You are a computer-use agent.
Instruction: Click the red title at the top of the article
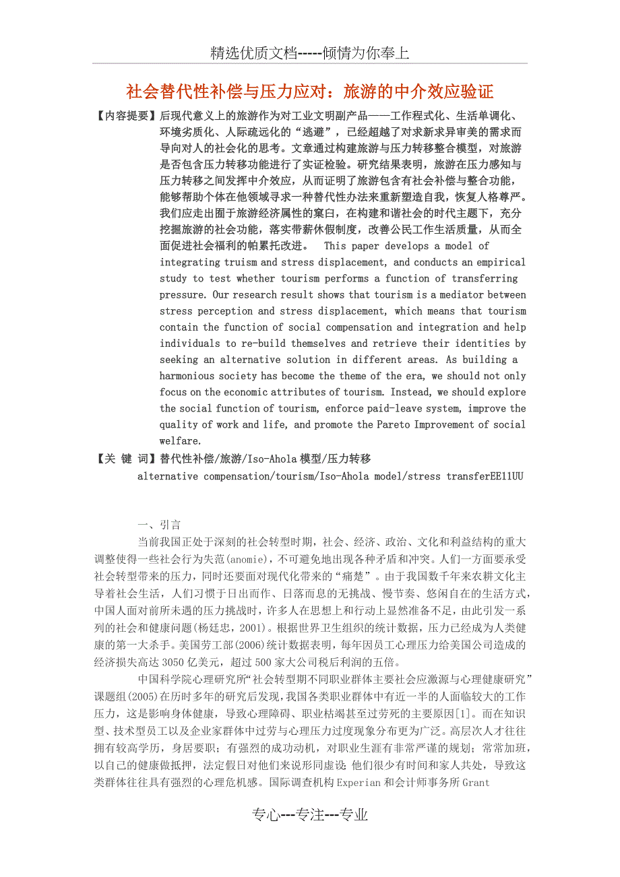point(310,91)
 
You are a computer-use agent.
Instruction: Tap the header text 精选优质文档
point(253,54)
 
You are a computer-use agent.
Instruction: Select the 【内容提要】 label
point(125,115)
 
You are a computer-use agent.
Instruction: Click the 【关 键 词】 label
point(125,459)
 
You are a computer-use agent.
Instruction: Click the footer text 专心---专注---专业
point(310,814)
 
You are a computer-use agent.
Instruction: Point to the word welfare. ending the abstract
point(181,441)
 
